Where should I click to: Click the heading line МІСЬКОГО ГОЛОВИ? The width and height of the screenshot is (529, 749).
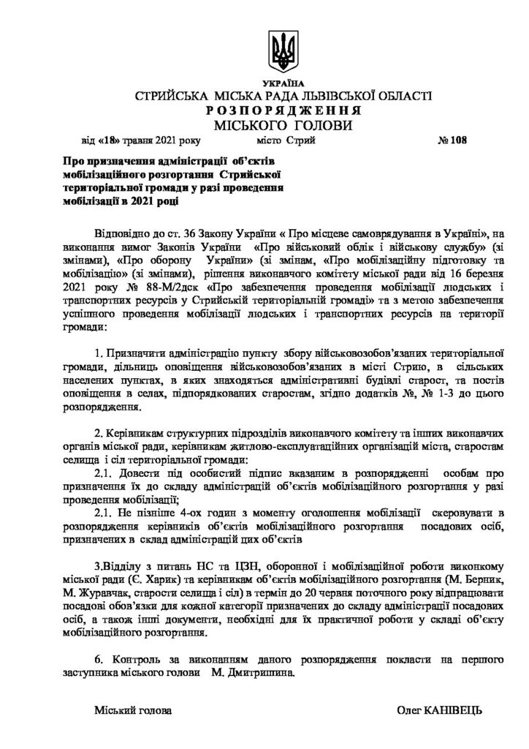(283, 125)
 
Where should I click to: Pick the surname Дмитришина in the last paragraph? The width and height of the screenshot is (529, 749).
(259, 674)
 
